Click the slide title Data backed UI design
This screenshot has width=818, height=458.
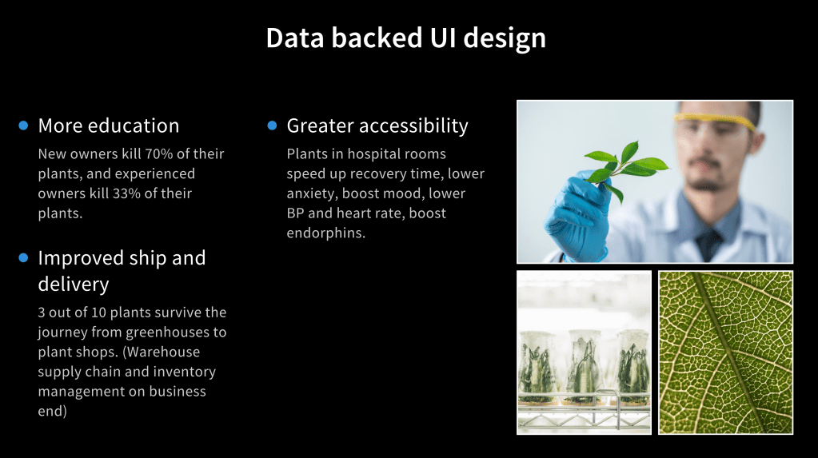coord(406,38)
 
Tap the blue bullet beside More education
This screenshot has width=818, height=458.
coord(23,125)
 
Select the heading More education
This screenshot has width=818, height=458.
coord(109,125)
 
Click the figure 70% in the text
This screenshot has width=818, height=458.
coord(158,154)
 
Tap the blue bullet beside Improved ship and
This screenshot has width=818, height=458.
coord(23,257)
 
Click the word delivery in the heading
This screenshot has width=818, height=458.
coord(74,285)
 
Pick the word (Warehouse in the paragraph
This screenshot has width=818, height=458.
coord(162,352)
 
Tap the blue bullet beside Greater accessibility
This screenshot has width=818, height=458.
coord(272,125)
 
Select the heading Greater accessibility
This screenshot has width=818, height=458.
coord(377,125)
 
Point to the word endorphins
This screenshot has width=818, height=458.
coord(326,233)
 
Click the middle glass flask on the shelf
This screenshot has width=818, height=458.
coord(585,367)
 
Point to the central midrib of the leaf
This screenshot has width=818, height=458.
coord(728,352)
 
